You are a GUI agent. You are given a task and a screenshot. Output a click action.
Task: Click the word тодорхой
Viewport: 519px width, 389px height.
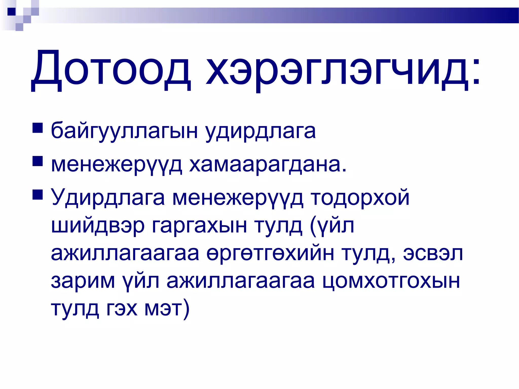click(360, 198)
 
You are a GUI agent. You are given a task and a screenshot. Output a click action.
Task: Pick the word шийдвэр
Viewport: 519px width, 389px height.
click(98, 225)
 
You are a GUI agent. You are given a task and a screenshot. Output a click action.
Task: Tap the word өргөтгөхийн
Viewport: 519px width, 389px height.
click(270, 253)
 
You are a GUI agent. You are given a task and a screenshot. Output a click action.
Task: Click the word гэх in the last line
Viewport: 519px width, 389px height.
click(122, 309)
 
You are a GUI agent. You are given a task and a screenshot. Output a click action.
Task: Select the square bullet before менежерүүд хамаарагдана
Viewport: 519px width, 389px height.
click(38, 161)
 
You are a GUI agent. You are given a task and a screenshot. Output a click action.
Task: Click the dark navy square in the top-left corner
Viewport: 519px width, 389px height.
click(11, 12)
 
